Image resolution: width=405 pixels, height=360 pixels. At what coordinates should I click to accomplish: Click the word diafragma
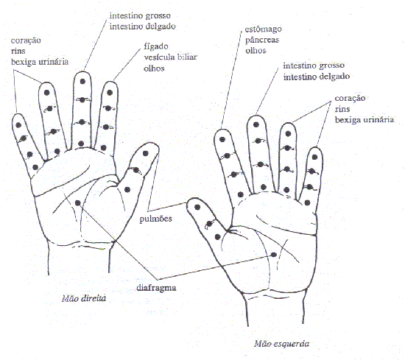pos(156,288)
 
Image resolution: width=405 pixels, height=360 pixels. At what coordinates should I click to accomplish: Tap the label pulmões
pos(156,219)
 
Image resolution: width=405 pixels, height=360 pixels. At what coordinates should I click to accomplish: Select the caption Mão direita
pos(84,299)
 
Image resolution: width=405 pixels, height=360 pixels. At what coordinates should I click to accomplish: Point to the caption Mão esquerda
pos(281,344)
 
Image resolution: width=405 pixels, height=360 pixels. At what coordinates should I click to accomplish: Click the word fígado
pos(156,46)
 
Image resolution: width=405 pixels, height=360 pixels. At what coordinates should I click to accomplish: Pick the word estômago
pos(263,29)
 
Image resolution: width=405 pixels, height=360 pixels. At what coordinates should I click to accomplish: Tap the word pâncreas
pos(262,40)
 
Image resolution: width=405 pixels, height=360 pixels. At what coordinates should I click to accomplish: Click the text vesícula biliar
pos(171,57)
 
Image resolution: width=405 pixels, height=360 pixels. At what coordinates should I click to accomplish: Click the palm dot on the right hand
pos(78,203)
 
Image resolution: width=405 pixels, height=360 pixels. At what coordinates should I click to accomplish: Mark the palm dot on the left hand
pos(274,255)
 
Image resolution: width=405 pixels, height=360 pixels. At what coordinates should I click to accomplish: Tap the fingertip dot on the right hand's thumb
pos(145,153)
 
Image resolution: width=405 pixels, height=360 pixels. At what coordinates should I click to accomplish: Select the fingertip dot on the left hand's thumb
pos(197,207)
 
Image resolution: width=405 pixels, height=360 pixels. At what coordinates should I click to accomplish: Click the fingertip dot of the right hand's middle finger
pos(82,82)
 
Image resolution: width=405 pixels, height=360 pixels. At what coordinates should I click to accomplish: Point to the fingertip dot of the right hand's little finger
pos(18,125)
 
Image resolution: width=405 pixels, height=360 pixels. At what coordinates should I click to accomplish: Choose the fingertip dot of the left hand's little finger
pos(314,157)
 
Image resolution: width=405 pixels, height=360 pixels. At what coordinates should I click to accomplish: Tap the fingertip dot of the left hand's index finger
pos(222,139)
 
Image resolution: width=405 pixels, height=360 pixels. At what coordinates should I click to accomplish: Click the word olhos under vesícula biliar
pos(154,68)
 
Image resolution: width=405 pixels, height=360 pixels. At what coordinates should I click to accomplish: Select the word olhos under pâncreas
pos(256,50)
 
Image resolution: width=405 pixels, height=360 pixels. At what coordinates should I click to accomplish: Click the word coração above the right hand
pos(26,40)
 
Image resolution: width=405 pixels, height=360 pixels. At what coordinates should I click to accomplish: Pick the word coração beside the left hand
pos(350,99)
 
